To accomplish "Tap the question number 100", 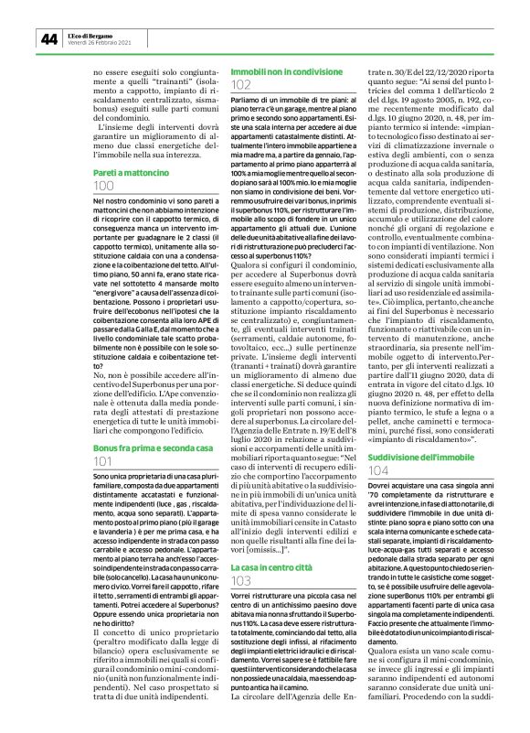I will pyautogui.click(x=79, y=187).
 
